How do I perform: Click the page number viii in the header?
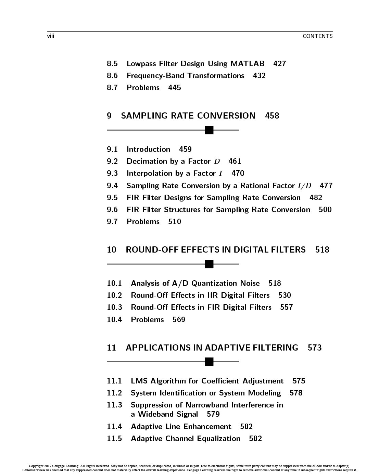(x=51, y=36)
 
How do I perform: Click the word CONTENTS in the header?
(x=317, y=36)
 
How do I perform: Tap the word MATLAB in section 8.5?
(x=248, y=64)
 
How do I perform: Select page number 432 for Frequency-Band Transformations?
(x=259, y=76)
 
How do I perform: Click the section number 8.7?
(x=112, y=88)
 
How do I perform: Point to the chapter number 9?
(x=109, y=116)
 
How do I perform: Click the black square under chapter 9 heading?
(x=209, y=130)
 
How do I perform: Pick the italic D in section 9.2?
(x=217, y=161)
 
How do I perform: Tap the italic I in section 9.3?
(x=220, y=173)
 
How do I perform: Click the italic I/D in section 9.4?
(x=304, y=186)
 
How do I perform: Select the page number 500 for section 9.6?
(x=325, y=210)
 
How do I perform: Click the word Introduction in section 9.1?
(x=148, y=149)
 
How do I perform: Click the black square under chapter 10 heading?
(x=209, y=264)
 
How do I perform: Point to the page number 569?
(x=179, y=320)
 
